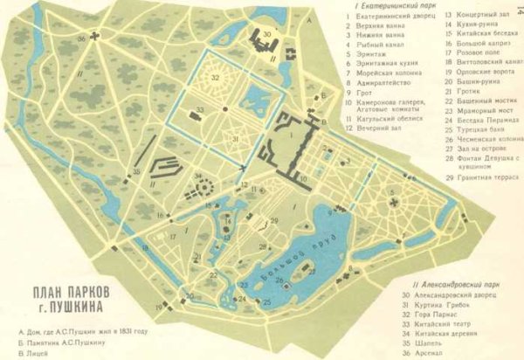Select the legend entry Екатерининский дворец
point(394,15)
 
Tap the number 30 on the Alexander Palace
point(267,33)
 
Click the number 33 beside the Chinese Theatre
point(200,109)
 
